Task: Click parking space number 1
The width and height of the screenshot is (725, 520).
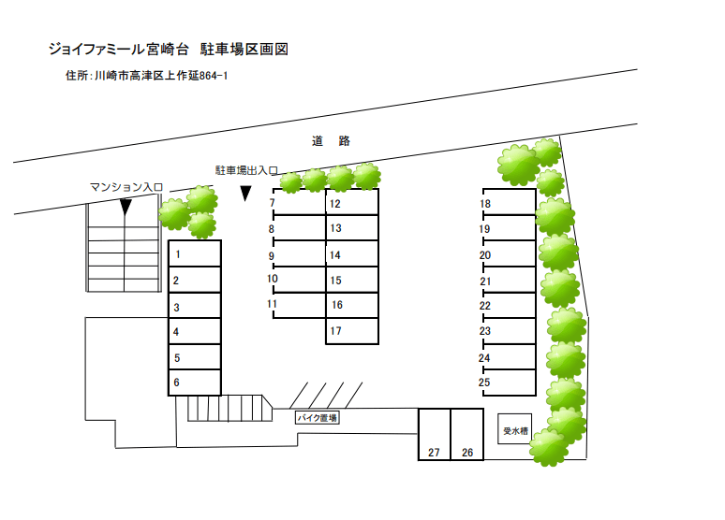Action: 194,253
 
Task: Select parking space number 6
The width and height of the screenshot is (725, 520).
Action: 194,383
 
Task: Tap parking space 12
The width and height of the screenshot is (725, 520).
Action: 351,203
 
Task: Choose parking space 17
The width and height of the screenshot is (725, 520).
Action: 351,331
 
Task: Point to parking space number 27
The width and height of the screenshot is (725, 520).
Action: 434,435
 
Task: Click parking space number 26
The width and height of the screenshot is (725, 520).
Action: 466,435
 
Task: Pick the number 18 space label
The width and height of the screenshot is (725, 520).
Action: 485,204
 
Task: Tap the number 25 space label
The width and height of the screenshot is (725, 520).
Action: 484,382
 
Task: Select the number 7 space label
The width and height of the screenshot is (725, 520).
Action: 272,203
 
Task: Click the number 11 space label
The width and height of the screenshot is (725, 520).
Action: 272,304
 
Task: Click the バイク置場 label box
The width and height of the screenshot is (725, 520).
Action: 317,418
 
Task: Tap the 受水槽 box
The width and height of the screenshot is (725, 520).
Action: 514,430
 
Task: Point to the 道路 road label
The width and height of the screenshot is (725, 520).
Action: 331,141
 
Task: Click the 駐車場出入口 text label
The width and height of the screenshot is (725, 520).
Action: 246,171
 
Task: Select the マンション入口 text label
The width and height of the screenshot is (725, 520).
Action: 126,187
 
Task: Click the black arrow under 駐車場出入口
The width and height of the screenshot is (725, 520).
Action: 245,194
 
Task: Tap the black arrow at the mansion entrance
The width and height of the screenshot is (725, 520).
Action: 126,207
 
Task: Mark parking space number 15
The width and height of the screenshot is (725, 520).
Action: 351,280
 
